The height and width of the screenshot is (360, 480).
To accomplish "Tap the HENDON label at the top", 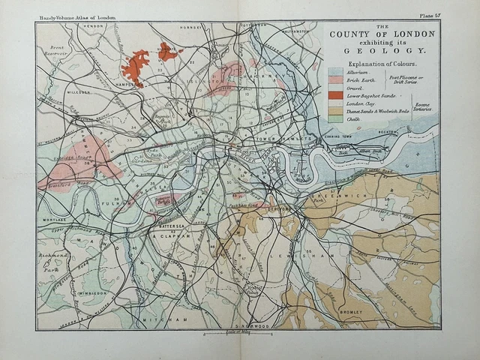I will [x=93, y=25].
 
